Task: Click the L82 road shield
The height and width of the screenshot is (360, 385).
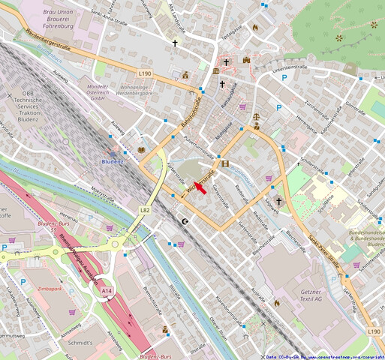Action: tap(144, 211)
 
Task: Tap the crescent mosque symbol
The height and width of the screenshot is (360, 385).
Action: tap(186, 221)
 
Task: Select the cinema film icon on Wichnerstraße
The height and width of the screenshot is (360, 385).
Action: tap(224, 163)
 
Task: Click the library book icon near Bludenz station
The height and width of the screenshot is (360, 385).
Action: tap(140, 150)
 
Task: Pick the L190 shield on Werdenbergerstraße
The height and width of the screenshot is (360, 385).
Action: tap(145, 73)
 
